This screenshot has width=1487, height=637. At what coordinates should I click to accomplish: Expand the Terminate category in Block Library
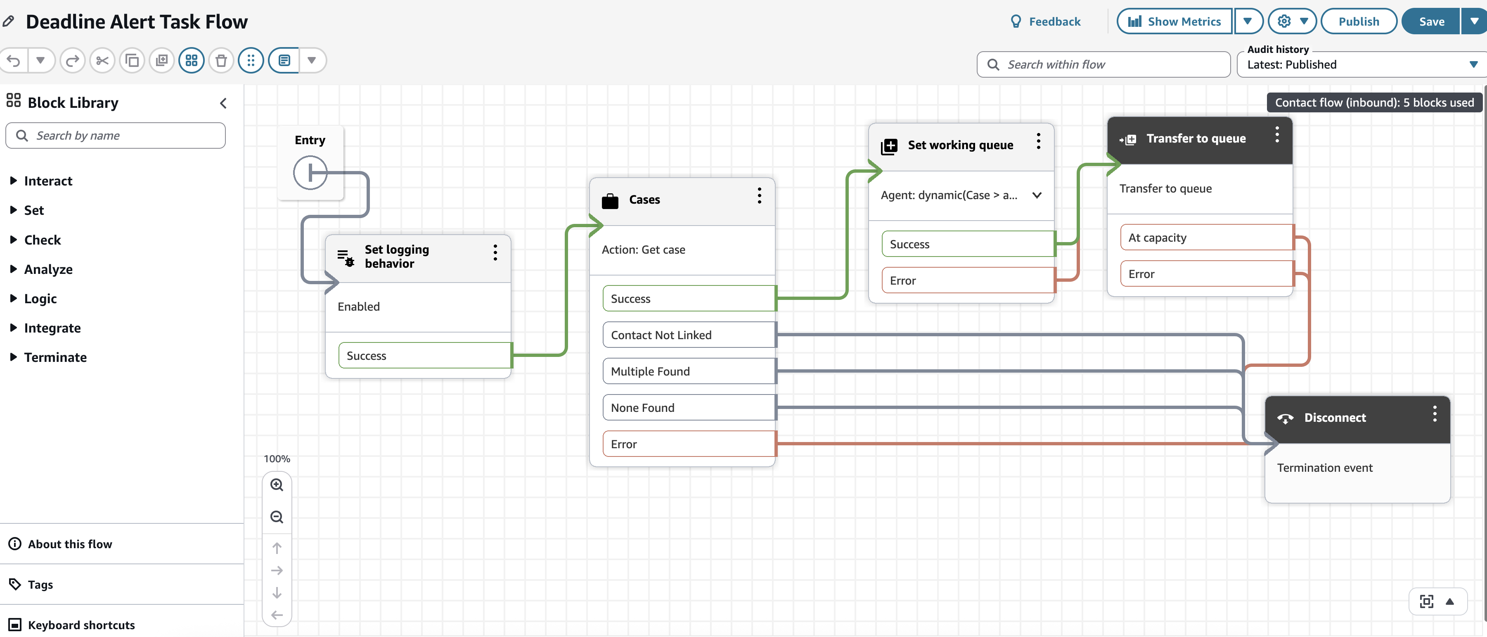(x=55, y=357)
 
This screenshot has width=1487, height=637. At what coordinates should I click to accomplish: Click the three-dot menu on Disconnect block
(x=1435, y=414)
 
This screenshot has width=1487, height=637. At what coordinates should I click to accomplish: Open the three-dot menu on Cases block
(x=759, y=195)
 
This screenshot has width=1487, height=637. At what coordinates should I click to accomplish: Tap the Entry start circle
(x=310, y=172)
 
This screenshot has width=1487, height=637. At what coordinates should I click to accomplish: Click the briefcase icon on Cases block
(x=610, y=200)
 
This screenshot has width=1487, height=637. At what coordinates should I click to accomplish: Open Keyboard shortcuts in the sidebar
(x=81, y=625)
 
